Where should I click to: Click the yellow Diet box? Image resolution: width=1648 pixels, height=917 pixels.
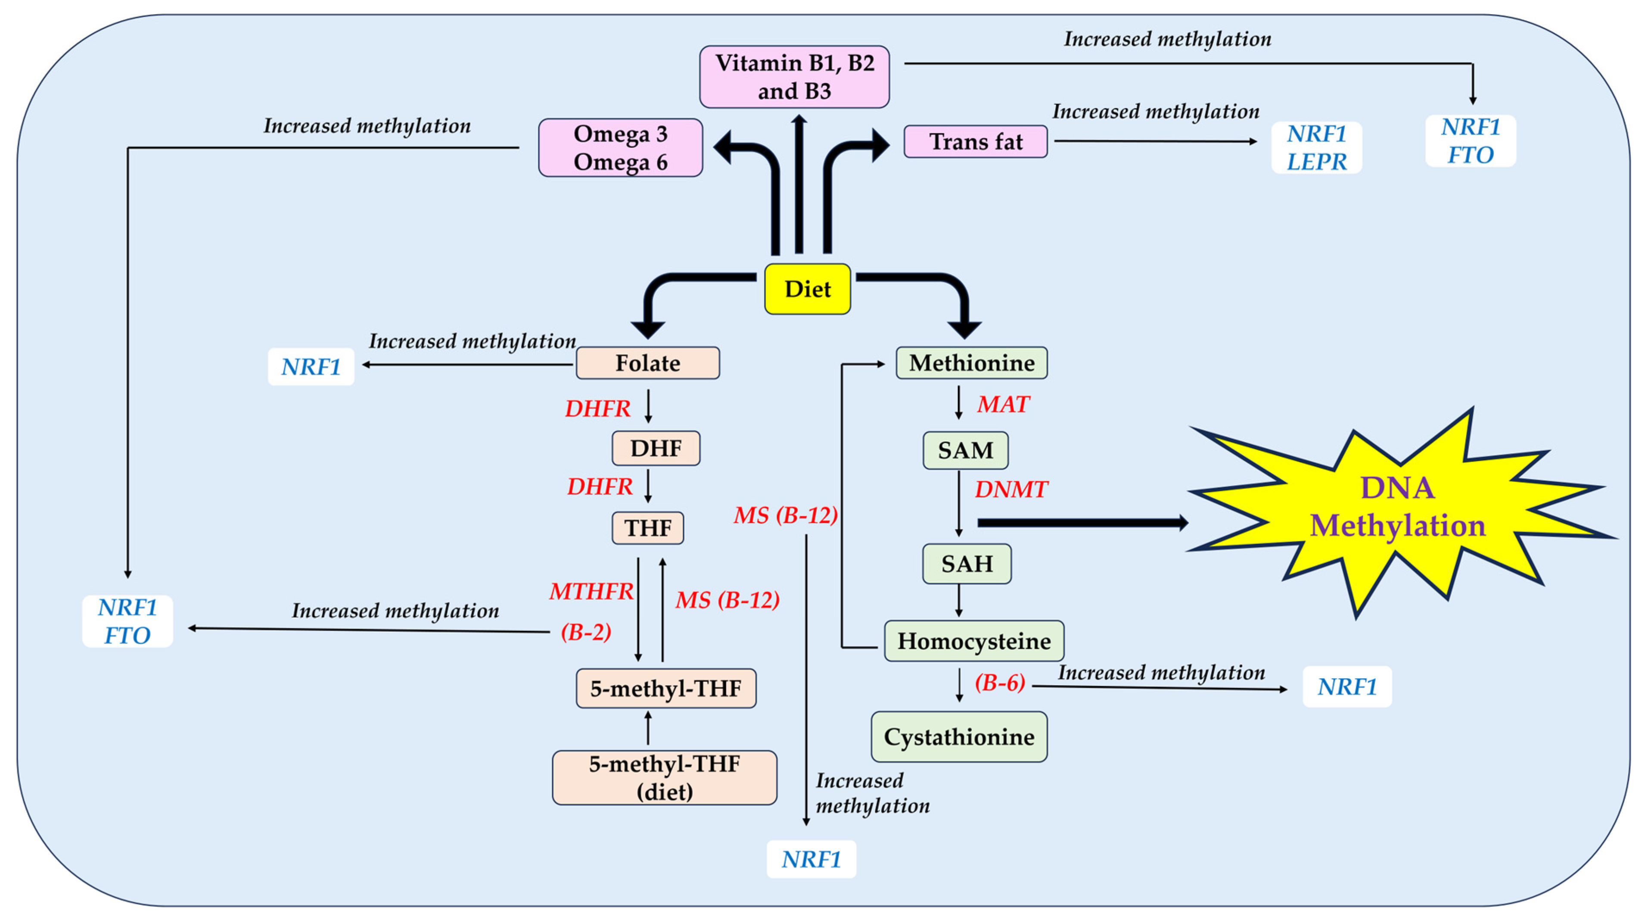[807, 289]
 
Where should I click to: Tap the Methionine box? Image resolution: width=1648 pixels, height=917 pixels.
[971, 363]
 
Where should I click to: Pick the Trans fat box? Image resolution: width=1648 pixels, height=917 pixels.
[975, 141]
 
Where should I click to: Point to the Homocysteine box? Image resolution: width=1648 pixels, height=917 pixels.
[974, 640]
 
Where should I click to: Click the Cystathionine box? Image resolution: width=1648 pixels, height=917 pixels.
[958, 736]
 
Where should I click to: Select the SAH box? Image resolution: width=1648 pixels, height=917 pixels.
[967, 564]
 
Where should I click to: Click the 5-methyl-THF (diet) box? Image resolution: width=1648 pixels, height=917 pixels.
[664, 777]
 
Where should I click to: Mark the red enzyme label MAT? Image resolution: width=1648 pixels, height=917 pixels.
[1002, 405]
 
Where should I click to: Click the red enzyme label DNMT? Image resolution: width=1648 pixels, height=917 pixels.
[1010, 490]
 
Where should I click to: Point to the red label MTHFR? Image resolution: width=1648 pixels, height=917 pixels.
[591, 591]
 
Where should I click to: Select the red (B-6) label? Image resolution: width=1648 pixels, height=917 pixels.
[999, 683]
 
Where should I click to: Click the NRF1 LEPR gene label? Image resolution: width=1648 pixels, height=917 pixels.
[1316, 148]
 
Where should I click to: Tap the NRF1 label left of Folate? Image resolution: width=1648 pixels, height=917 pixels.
[311, 367]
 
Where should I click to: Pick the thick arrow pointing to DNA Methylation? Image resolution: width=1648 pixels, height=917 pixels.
[1081, 523]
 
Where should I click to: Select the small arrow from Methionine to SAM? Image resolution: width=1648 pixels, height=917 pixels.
[958, 402]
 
